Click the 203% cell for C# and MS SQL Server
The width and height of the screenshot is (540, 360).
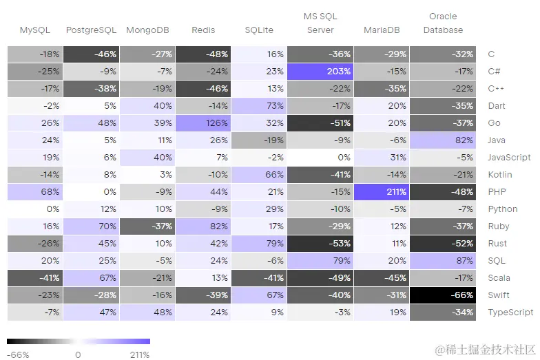[x=320, y=72]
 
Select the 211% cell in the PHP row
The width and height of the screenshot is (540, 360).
[x=381, y=192]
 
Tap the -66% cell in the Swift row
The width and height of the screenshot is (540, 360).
[x=443, y=295]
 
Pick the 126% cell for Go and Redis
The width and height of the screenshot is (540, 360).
[x=202, y=123]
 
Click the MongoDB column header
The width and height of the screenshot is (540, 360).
[x=148, y=30]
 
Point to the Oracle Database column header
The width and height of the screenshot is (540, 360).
[x=443, y=23]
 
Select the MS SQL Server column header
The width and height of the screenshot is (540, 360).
[x=320, y=23]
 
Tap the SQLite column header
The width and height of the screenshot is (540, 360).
[x=258, y=30]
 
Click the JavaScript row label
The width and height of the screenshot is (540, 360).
[x=509, y=158]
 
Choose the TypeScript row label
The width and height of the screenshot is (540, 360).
[x=510, y=313]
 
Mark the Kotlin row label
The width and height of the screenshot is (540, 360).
[x=497, y=175]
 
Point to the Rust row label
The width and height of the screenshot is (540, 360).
[x=497, y=244]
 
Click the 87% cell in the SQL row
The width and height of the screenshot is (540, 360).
[x=443, y=261]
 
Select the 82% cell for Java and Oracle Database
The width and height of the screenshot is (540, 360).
[x=443, y=140]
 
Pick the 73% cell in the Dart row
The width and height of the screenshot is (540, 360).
[x=258, y=106]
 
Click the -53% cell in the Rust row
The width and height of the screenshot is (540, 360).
[x=320, y=244]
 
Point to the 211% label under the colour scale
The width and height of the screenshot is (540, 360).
[x=141, y=355]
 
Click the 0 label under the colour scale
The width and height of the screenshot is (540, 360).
[x=78, y=355]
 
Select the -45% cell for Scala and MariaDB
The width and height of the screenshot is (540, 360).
[x=381, y=278]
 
